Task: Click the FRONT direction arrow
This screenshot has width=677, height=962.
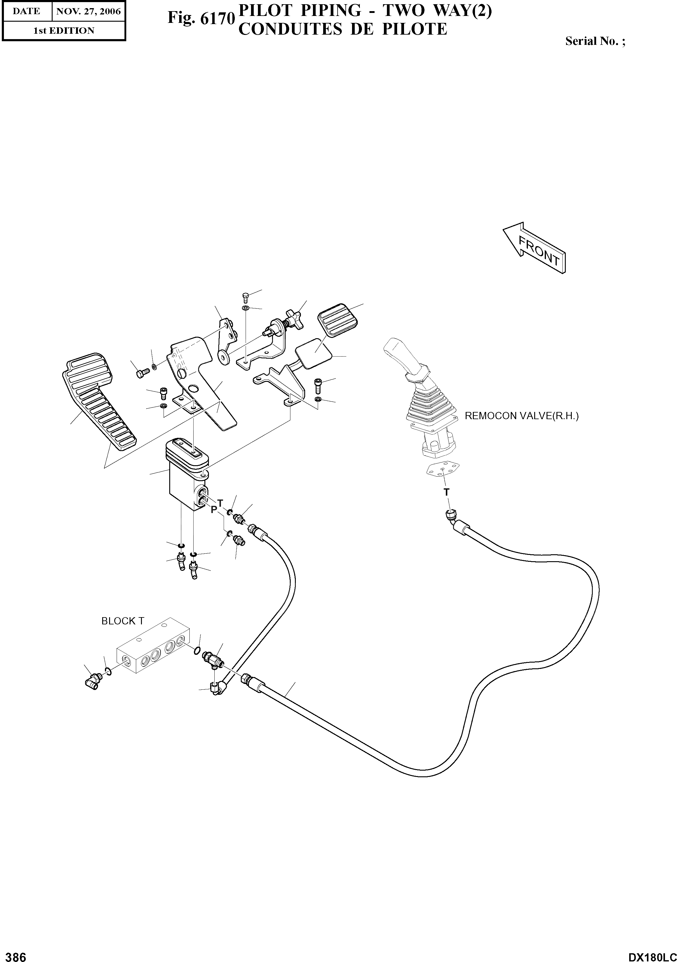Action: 535,248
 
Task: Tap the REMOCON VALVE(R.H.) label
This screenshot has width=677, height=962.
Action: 521,416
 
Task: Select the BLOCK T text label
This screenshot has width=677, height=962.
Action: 123,621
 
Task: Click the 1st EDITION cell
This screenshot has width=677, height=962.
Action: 64,31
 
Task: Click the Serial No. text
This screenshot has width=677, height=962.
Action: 595,41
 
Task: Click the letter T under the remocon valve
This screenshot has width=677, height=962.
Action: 446,492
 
